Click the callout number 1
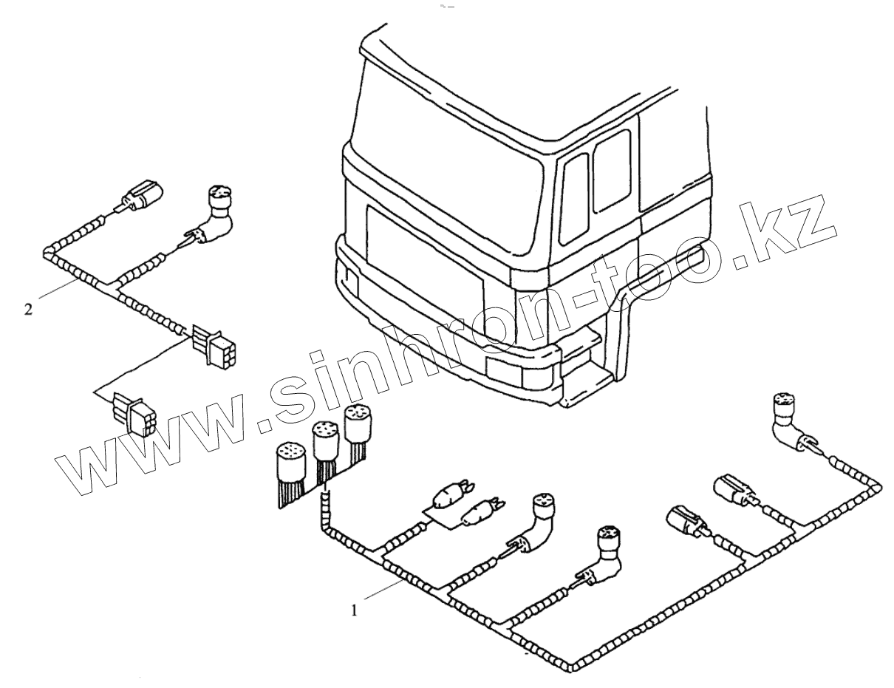[356, 610]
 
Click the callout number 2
[28, 310]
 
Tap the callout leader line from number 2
[55, 289]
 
